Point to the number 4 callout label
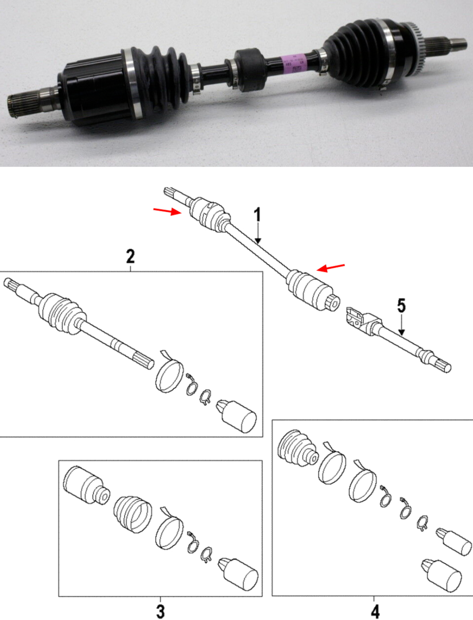point(375,611)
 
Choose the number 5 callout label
point(402,306)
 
